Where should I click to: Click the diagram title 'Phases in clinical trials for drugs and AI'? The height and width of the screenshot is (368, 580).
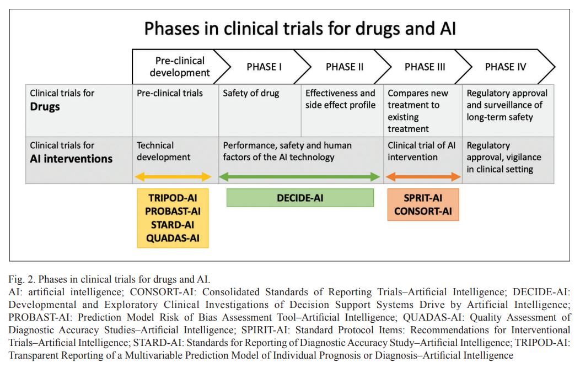(300, 29)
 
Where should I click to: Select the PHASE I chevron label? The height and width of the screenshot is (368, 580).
(264, 67)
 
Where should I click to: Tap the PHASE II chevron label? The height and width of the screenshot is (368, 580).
(345, 67)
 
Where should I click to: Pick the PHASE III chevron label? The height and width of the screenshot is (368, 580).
(425, 67)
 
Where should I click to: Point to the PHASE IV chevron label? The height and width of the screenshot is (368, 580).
(505, 67)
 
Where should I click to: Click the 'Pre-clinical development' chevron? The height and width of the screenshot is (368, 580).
(180, 67)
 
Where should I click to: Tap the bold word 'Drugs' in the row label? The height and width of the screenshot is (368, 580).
(45, 107)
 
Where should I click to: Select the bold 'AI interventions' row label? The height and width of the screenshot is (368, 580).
(71, 159)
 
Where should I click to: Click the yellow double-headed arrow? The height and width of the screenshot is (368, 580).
(173, 177)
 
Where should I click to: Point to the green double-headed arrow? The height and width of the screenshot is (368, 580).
(299, 177)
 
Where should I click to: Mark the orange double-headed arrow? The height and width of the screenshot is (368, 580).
(423, 177)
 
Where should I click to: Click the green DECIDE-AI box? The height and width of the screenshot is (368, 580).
(300, 198)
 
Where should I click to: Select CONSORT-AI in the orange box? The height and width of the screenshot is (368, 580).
(423, 212)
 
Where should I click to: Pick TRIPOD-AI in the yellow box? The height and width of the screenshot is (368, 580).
(173, 198)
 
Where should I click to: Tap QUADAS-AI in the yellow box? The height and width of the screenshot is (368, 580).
(173, 239)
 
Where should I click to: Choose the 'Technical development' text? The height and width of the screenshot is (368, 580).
(164, 151)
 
